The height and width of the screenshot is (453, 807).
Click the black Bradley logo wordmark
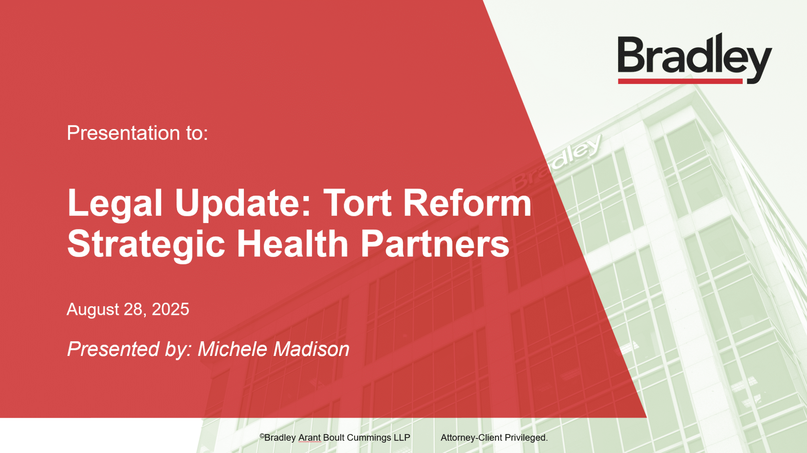coord(694,58)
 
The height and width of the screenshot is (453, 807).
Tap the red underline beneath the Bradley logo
coord(680,81)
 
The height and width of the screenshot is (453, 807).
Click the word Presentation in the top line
coord(123,133)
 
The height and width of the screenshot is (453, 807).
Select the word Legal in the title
coord(115,204)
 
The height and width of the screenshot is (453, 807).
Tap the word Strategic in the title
coord(146,245)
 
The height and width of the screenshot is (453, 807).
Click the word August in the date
coord(93,310)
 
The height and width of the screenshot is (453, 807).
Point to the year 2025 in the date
coord(170,309)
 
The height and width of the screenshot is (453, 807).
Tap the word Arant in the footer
coord(309,438)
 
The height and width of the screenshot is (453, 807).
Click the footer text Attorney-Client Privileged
coord(494,438)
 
